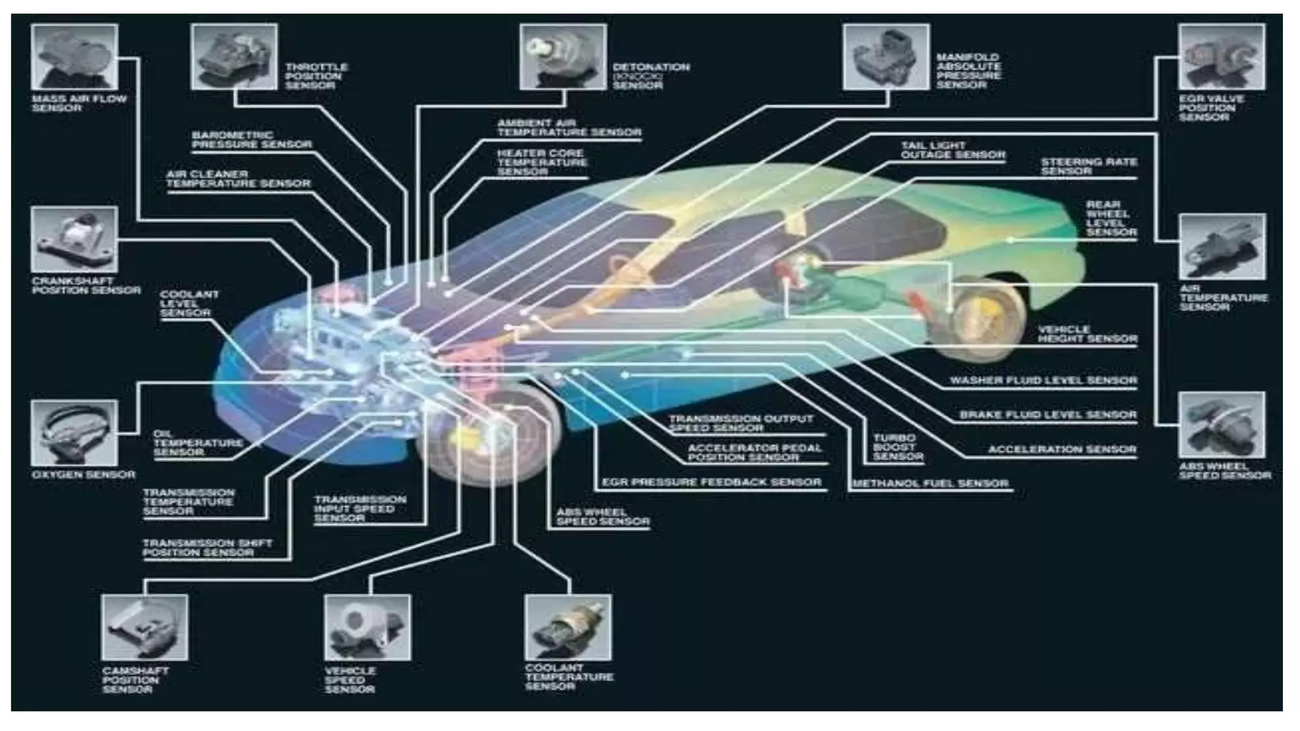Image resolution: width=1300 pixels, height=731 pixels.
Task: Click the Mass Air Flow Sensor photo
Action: (74, 57)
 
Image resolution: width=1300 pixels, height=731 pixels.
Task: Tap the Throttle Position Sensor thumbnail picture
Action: (234, 57)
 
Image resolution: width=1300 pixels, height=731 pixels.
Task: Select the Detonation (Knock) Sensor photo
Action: (563, 57)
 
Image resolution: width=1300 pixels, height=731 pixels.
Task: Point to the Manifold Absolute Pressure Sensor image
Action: (886, 57)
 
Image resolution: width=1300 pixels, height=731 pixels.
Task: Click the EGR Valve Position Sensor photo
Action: (1222, 57)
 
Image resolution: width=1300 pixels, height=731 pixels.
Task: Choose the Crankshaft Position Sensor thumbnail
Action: (74, 240)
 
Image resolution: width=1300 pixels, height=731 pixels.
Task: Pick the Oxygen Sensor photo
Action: (74, 433)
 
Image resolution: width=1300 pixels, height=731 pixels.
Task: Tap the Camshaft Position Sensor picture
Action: (145, 628)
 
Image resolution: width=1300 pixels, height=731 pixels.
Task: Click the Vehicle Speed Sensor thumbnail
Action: (368, 628)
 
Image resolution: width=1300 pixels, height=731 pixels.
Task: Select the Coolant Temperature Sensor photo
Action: (568, 628)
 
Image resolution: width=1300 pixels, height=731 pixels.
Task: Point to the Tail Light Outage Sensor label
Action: (952, 150)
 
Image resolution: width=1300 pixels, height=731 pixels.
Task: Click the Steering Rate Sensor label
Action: (1089, 166)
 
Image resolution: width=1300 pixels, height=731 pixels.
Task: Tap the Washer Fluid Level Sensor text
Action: (1043, 381)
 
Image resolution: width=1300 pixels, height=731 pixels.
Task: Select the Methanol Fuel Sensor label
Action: (931, 484)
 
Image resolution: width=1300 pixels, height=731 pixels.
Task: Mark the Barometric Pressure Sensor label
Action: (252, 140)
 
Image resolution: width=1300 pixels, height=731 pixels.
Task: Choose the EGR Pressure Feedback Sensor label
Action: (712, 482)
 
